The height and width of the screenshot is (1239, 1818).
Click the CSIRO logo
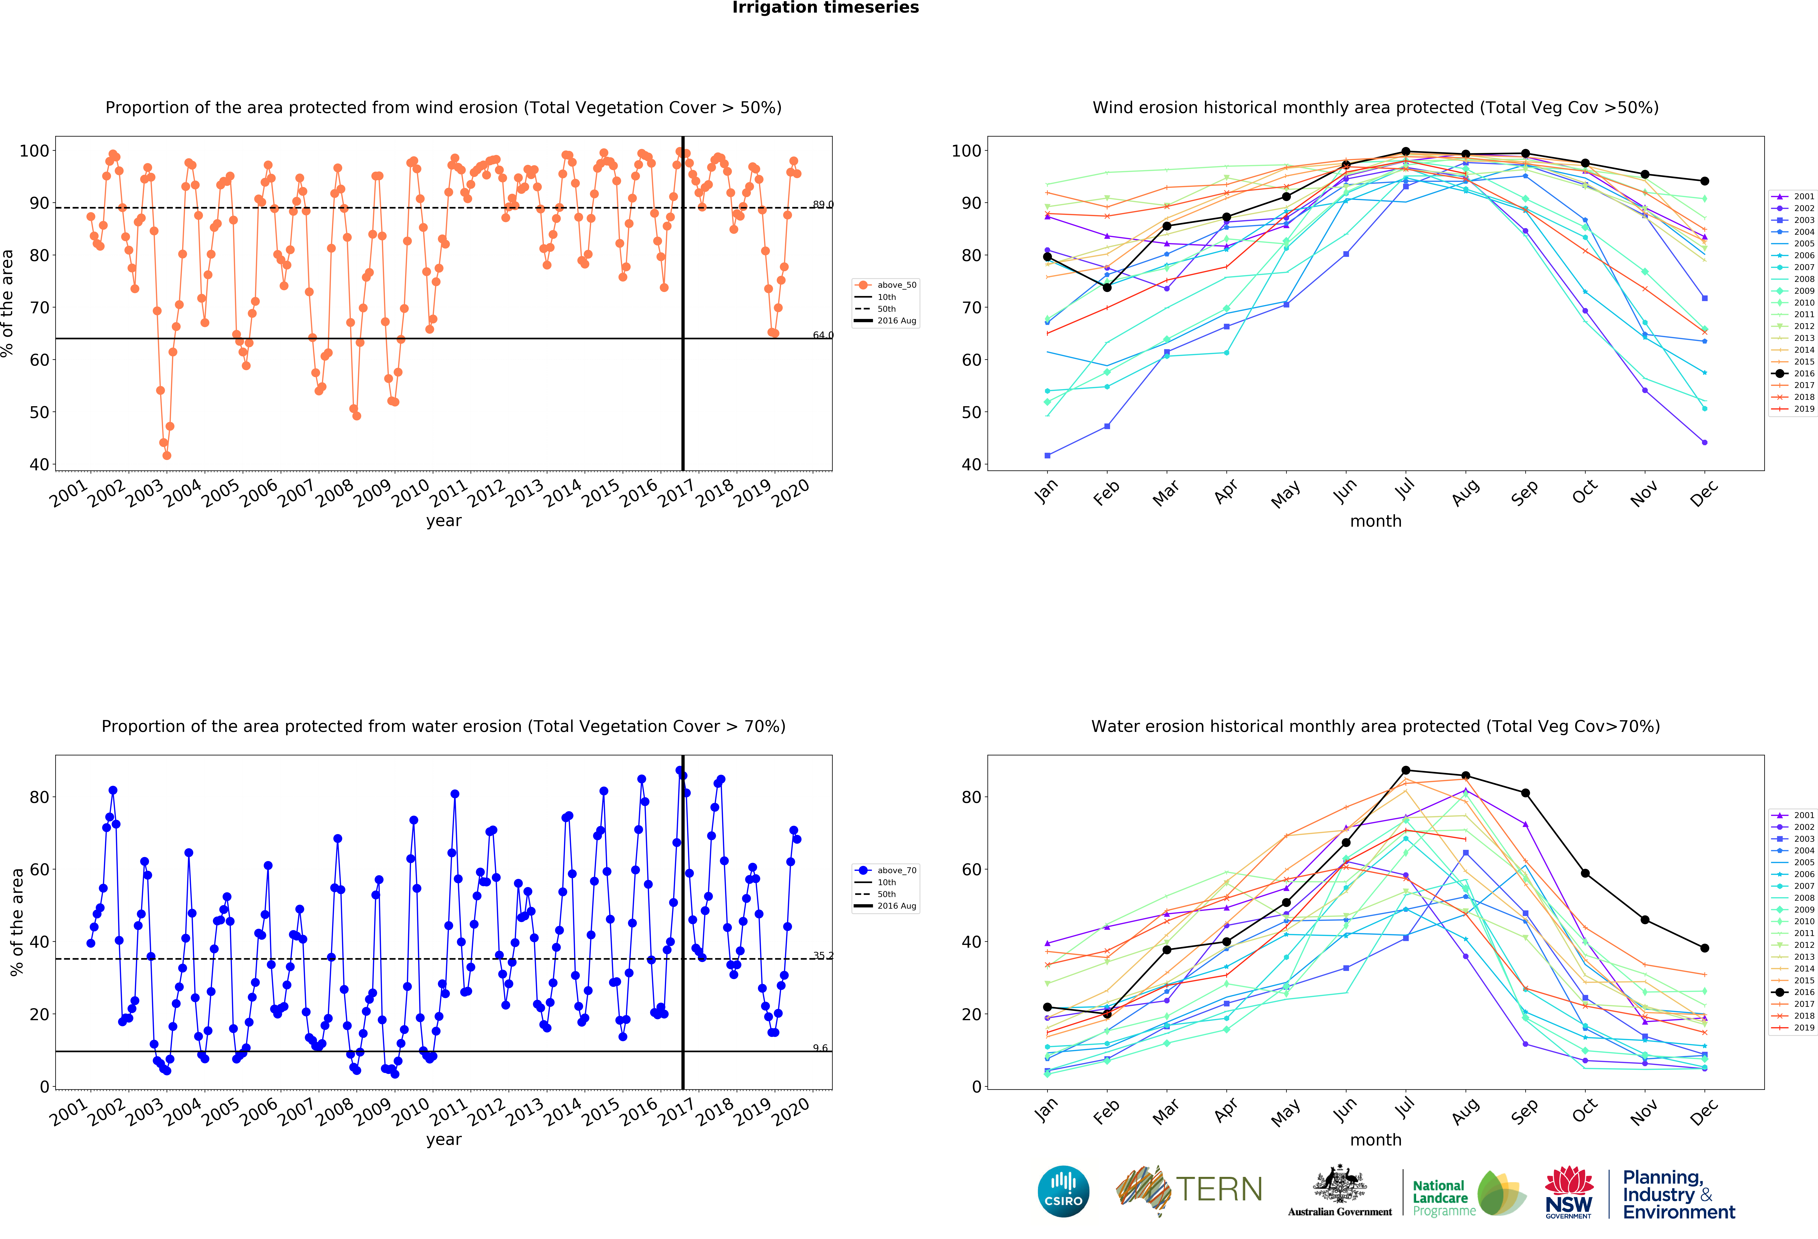pos(1063,1191)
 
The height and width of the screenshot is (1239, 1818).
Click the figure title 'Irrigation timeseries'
pos(825,8)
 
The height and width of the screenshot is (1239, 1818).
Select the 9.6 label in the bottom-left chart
pos(820,1048)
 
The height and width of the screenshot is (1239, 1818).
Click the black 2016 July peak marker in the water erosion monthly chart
pos(1406,771)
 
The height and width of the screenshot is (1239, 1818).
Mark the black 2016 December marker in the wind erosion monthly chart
pos(1705,181)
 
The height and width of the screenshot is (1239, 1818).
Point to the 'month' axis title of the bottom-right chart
pos(1375,1140)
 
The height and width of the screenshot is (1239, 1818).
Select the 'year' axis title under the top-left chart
pos(444,521)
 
